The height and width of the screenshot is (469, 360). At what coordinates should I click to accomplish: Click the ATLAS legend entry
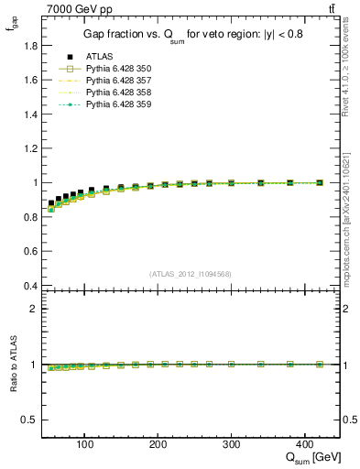[x=99, y=57]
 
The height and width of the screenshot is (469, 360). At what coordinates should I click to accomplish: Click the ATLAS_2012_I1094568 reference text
[x=191, y=274]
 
